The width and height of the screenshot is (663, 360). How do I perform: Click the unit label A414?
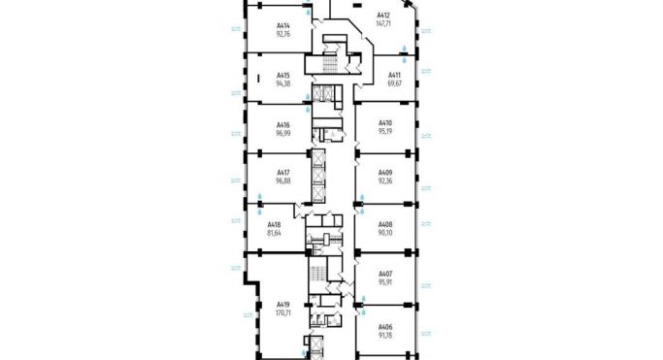point(283,26)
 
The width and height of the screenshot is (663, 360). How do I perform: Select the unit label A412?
point(383,16)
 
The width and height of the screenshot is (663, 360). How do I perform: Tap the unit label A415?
point(283,75)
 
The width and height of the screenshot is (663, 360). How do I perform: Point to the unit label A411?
point(394,75)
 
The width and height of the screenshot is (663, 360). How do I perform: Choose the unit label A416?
point(283,124)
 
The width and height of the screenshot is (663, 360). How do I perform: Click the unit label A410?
point(384,124)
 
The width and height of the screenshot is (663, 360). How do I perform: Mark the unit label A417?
point(283,175)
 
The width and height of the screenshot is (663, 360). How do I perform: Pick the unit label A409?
point(384,175)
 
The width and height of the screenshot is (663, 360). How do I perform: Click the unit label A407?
point(384,276)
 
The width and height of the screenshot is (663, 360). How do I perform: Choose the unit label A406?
point(384,327)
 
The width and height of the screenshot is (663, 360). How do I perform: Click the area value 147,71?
point(383,24)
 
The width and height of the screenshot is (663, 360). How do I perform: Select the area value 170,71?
point(283,313)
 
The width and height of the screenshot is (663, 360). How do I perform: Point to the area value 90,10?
point(384,233)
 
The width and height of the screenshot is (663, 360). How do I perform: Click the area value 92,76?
point(283,34)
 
